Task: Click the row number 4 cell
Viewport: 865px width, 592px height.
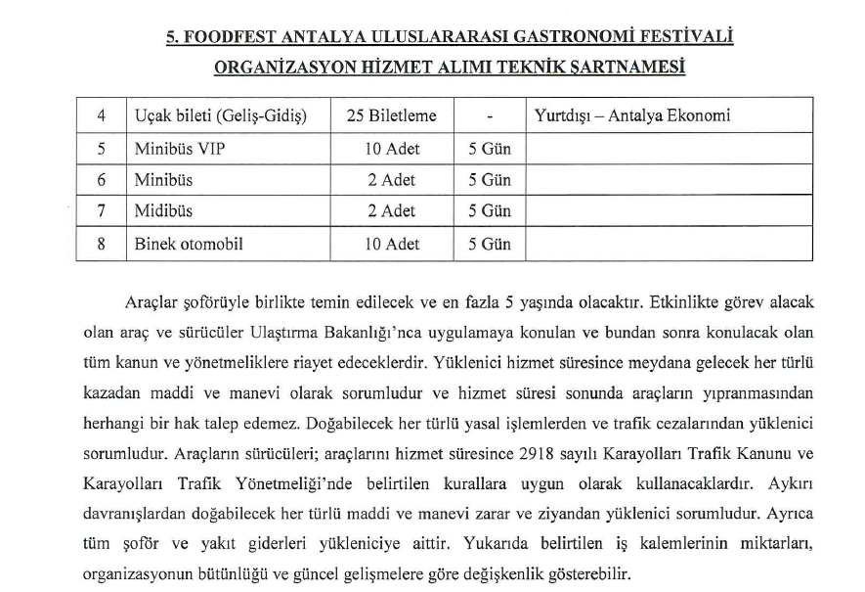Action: (x=102, y=115)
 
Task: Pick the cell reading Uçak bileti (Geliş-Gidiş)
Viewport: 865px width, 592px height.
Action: (x=221, y=115)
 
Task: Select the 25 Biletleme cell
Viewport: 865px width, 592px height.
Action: (x=391, y=115)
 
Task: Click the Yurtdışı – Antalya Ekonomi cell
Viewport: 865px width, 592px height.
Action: (x=632, y=115)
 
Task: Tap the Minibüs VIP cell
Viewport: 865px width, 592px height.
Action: (x=175, y=149)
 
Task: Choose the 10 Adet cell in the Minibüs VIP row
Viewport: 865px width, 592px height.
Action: (x=391, y=149)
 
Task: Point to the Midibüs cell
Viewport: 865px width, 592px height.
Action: (x=164, y=211)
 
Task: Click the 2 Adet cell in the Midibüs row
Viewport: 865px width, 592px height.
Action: (x=391, y=211)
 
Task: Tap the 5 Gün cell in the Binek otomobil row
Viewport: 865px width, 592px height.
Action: (x=490, y=244)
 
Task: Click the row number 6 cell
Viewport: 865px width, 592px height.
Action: (x=102, y=180)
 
